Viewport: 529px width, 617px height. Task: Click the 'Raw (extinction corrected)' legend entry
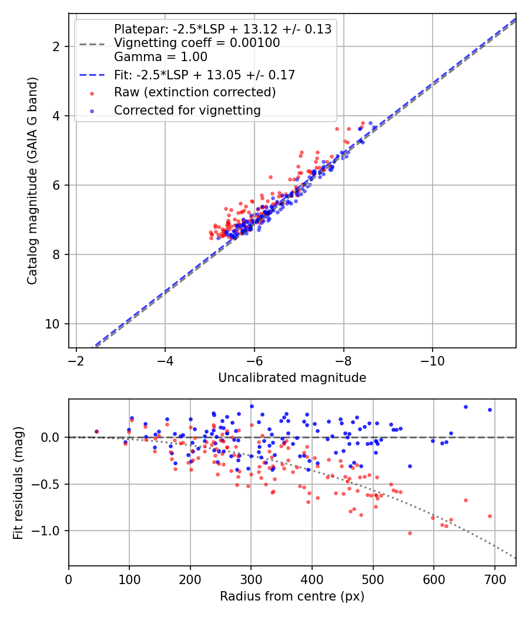pos(195,92)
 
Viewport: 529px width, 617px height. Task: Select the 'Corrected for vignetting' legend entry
pos(188,110)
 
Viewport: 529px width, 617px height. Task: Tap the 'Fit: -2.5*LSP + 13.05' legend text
pos(204,75)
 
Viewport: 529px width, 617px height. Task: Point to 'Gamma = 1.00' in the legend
pos(160,57)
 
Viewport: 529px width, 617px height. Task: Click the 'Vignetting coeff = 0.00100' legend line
pos(197,43)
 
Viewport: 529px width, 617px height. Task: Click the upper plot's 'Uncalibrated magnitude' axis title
pos(292,378)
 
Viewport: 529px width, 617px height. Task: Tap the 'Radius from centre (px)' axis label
pos(292,596)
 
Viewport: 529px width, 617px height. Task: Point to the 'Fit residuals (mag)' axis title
pos(18,482)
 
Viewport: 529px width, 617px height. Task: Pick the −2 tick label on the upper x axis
pos(76,360)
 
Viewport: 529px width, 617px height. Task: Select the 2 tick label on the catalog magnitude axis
pos(58,46)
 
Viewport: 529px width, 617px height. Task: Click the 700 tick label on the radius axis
pos(494,579)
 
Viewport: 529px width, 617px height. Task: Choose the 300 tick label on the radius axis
pos(251,579)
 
